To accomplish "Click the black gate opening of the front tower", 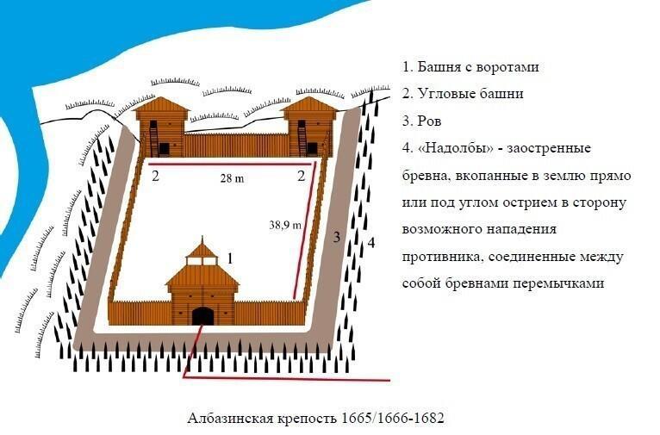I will click(202, 315).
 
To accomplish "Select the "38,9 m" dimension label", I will click(285, 225).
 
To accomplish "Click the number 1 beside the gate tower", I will click(229, 257).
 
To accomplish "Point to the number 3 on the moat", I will click(338, 236).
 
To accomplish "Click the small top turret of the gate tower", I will click(202, 252).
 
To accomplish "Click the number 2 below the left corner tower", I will click(155, 176).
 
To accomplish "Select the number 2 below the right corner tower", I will click(302, 176).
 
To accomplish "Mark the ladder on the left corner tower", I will click(154, 137).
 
